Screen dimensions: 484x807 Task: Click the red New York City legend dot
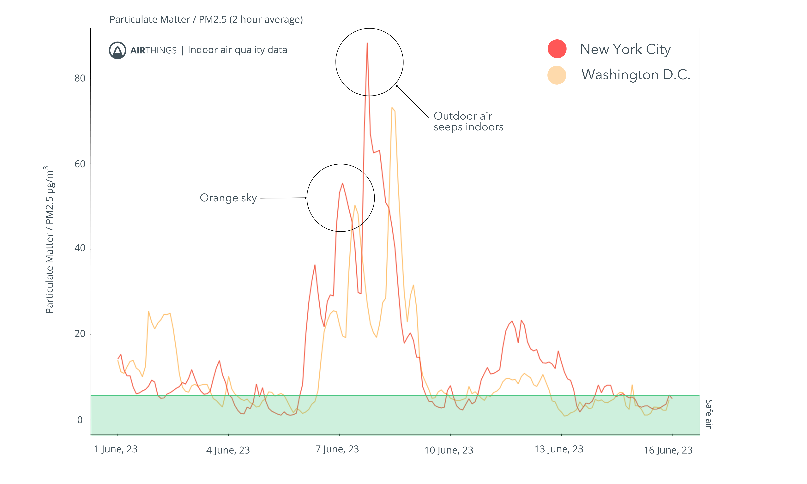557,49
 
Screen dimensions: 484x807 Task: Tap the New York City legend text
625,49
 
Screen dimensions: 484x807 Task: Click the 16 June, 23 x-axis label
668,450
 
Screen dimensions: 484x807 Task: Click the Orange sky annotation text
228,198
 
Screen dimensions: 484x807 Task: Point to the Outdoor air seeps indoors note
468,121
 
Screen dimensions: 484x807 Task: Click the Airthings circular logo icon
117,50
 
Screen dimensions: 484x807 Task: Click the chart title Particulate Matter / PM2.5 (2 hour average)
206,20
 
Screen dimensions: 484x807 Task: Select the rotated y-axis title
50,240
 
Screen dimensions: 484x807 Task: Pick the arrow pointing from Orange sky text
283,198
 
